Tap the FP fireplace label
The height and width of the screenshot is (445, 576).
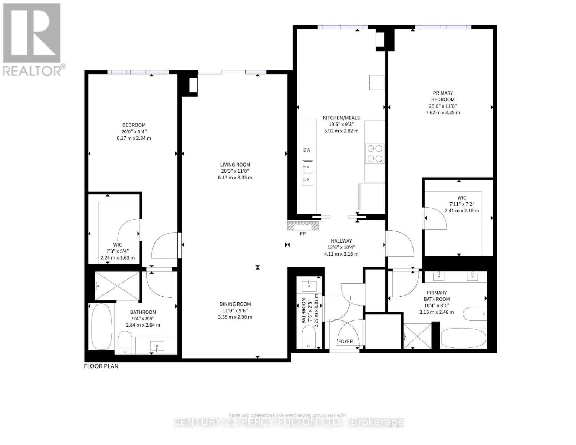tap(303, 234)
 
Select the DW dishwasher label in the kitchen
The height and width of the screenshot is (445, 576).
tap(307, 150)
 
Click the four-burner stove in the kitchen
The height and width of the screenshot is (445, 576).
tap(375, 154)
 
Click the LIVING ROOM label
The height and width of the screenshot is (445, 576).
tap(235, 164)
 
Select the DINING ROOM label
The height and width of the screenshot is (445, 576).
tap(235, 304)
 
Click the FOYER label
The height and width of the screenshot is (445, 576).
tap(346, 341)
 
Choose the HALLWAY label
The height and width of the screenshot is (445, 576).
tap(341, 241)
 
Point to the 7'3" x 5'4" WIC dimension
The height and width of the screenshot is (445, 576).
tap(118, 251)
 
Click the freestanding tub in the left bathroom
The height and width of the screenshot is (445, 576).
tap(101, 326)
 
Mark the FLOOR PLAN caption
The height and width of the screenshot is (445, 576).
tap(101, 366)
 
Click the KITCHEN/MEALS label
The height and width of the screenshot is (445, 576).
tap(341, 118)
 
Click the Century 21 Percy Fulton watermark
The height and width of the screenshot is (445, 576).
tap(288, 422)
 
